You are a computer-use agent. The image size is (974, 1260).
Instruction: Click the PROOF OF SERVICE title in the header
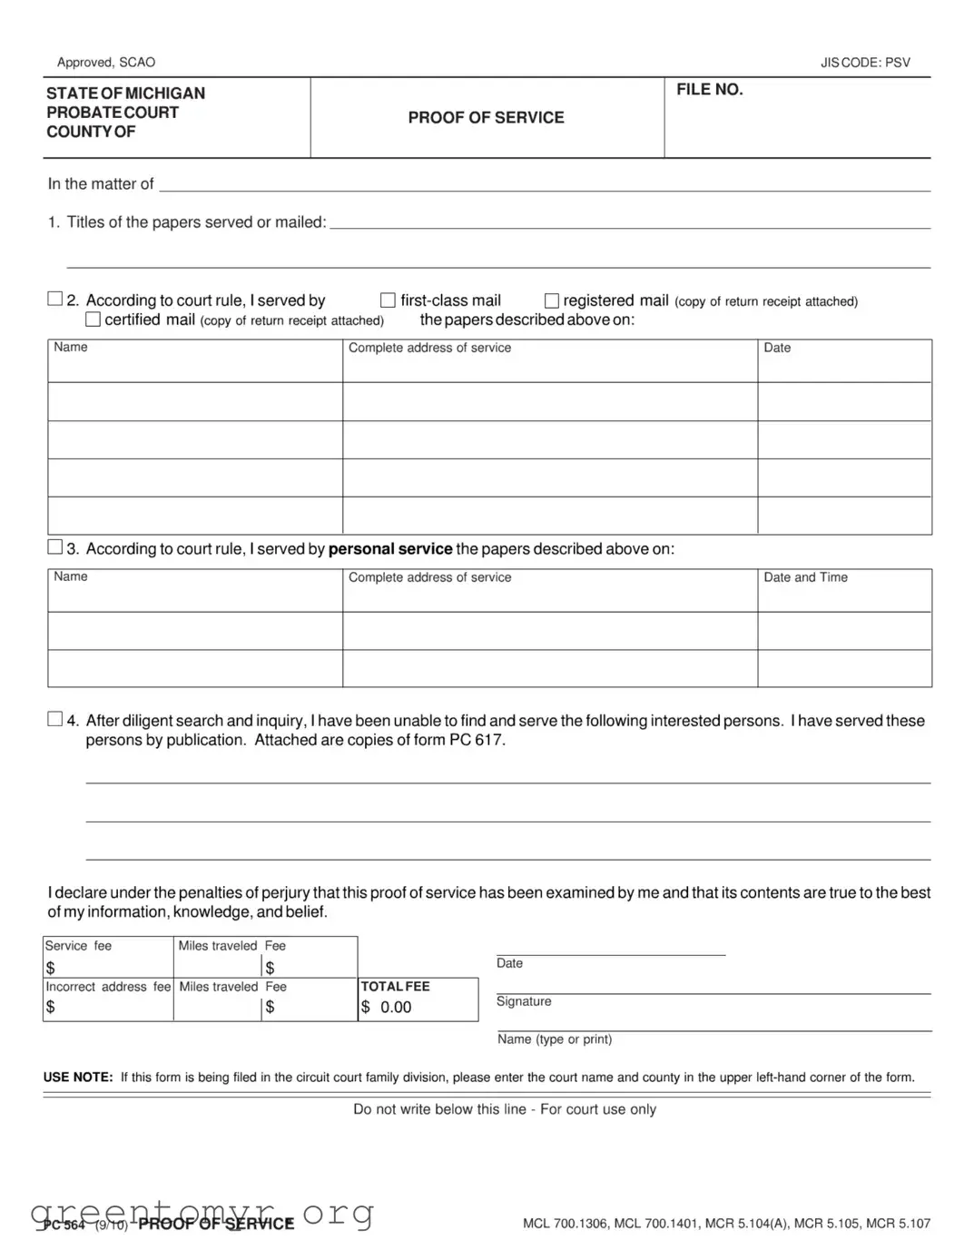point(486,117)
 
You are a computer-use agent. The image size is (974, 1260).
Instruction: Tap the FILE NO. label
point(709,90)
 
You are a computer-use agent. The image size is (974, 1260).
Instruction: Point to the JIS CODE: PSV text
point(864,63)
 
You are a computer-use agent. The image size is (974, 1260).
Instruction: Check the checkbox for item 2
point(55,299)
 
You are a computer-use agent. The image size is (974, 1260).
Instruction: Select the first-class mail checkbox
point(388,300)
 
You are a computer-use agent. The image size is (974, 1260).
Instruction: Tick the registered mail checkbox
point(551,300)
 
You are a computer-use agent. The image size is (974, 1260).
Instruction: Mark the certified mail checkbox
point(93,320)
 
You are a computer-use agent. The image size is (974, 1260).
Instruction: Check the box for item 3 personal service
point(55,547)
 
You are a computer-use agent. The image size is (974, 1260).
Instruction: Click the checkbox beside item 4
point(55,719)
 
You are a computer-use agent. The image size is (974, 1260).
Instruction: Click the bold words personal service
point(390,549)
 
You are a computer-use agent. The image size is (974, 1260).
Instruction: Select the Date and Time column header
point(805,577)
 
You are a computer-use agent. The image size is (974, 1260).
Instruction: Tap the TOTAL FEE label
point(396,987)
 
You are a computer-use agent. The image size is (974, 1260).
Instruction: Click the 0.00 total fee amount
point(396,1008)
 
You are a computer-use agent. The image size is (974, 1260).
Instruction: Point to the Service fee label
point(79,946)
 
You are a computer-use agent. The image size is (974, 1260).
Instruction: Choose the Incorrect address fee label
point(108,987)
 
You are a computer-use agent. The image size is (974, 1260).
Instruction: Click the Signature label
point(524,1001)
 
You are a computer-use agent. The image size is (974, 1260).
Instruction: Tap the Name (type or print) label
point(555,1039)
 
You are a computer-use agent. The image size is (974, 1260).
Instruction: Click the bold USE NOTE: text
point(78,1078)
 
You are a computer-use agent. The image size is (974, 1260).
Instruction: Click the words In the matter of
point(101,184)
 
